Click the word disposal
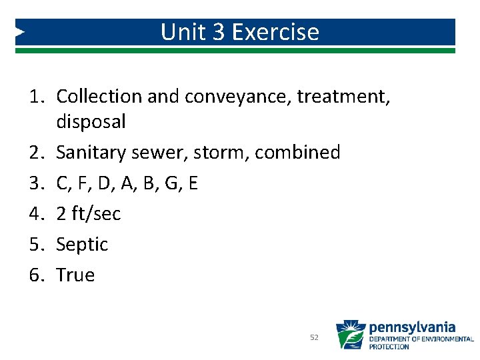91,121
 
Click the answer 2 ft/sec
89,213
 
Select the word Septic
82,245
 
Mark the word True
75,275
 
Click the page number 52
315,338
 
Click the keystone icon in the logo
349,335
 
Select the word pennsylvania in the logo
412,327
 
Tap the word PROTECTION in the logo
389,347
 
